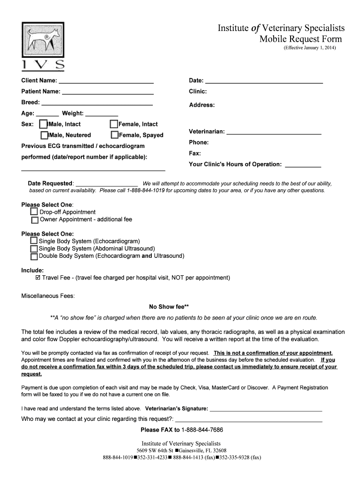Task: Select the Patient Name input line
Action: (x=108, y=92)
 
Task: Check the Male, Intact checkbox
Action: (x=44, y=124)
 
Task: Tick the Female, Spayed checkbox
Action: (x=115, y=135)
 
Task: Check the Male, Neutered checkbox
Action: (x=45, y=135)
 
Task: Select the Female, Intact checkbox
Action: (x=114, y=124)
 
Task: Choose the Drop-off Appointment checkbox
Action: (x=34, y=212)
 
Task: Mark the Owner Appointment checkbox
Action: (x=35, y=220)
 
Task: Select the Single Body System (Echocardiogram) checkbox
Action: (x=34, y=241)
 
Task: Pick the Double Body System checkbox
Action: (x=34, y=256)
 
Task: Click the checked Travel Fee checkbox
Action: (x=38, y=278)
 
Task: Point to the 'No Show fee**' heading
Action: (x=169, y=307)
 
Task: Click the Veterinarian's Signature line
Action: (x=266, y=409)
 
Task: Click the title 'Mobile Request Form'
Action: (x=301, y=39)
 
